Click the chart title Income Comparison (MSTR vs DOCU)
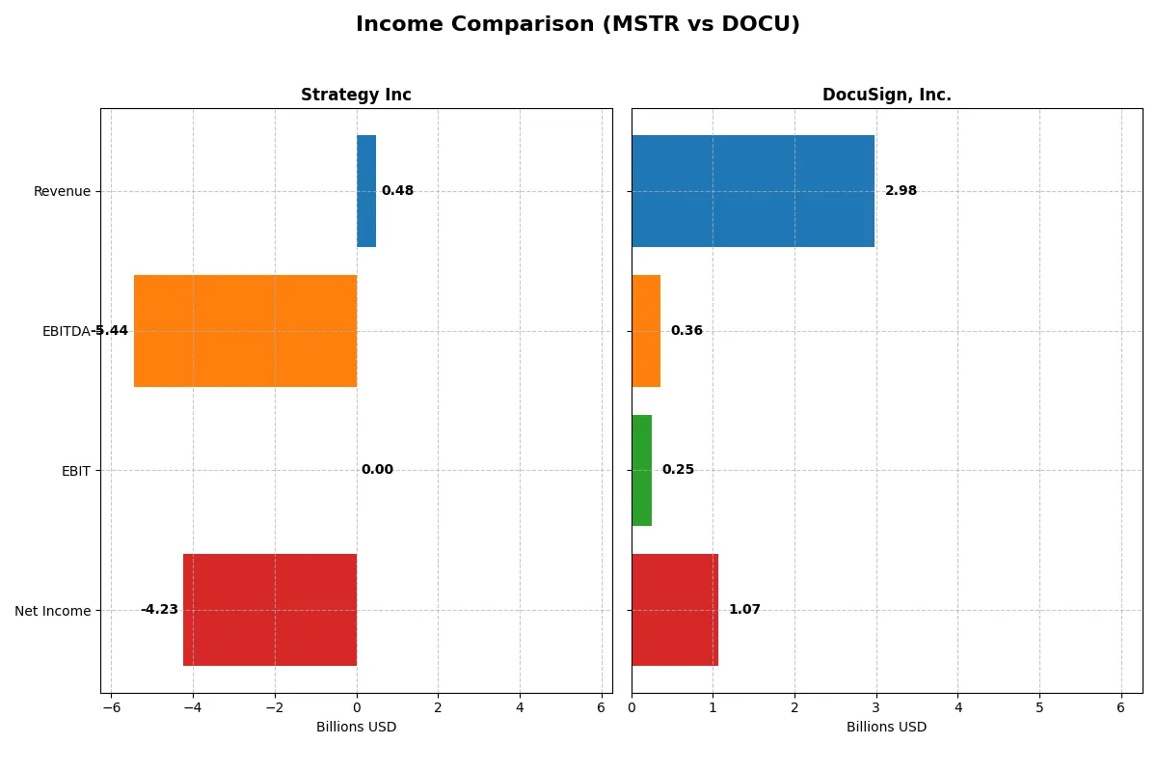click(578, 25)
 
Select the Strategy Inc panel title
click(356, 95)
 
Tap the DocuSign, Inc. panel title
click(886, 95)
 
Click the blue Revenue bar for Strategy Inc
click(366, 191)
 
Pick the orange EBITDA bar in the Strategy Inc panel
click(245, 331)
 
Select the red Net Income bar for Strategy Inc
click(270, 610)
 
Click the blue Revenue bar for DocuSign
click(753, 191)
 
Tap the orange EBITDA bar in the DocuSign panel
click(646, 331)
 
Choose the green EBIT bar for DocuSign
click(641, 471)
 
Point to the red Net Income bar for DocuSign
click(675, 610)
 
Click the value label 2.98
click(901, 191)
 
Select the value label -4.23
click(159, 610)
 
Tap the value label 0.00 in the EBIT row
click(377, 470)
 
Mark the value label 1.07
click(744, 610)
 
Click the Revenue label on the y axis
click(62, 191)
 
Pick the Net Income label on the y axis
click(53, 611)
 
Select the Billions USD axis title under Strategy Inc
click(356, 727)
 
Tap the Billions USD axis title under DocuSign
click(886, 727)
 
